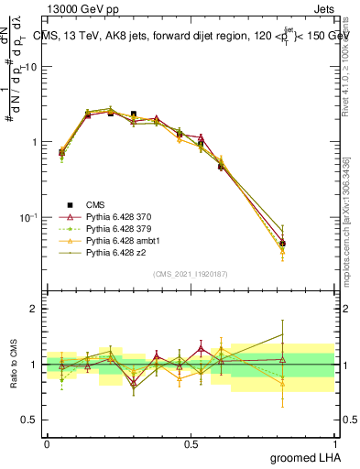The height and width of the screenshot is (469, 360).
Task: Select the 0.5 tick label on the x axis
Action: tap(191, 442)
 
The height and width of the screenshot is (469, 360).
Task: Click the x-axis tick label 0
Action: tap(47, 442)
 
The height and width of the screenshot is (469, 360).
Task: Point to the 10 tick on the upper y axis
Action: tap(31, 67)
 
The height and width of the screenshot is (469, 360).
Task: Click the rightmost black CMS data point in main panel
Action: tap(282, 244)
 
